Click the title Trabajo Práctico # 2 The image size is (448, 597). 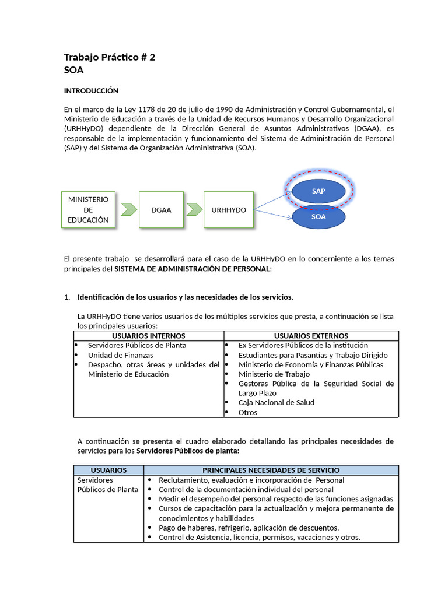pos(109,57)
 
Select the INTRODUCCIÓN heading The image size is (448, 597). pos(91,90)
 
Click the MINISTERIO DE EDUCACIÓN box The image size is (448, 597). pos(88,209)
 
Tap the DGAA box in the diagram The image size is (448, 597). pos(161,209)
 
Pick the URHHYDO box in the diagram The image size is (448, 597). pos(228,209)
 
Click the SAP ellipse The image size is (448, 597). pos(318,191)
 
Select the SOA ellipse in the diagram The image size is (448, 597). pos(318,216)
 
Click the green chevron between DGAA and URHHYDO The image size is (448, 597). pos(193,209)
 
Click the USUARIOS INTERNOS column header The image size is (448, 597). pos(148,336)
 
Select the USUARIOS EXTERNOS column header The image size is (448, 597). pos(311,336)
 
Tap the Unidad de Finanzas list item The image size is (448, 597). pos(120,355)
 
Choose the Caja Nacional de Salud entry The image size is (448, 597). pos(276,402)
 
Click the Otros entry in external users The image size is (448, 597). pos(248,412)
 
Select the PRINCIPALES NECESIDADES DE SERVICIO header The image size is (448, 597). pos(271,470)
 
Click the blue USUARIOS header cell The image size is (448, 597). pos(108,470)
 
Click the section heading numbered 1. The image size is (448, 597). pos(185,297)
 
